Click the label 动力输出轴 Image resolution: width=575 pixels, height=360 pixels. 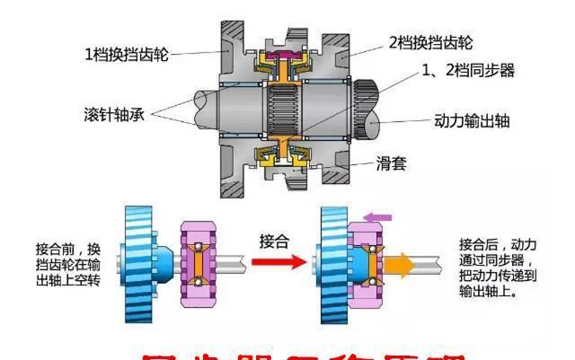[472, 119]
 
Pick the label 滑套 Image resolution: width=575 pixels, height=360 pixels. [394, 162]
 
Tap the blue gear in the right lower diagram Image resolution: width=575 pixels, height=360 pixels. [330, 263]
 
